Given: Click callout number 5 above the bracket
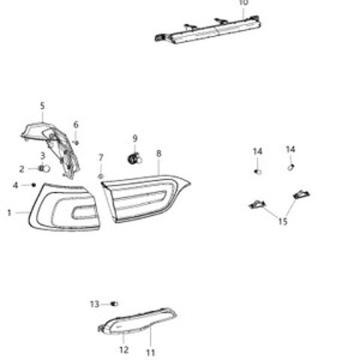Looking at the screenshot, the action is tap(43, 106).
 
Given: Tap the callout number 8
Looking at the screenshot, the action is tap(159, 154).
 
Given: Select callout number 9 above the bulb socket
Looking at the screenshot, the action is tap(135, 138).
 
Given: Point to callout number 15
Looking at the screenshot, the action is tap(283, 221).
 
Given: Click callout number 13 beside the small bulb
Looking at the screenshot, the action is tap(94, 304).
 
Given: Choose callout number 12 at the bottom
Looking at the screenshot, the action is tap(124, 349).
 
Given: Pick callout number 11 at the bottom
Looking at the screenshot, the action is tap(150, 352).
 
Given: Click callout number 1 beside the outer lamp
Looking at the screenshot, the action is tap(10, 213).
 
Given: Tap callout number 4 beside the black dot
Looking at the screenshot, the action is tap(16, 185).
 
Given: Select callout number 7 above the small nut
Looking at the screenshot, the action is tap(100, 157).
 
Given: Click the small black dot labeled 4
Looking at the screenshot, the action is tap(34, 185).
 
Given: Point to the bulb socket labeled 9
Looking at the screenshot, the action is tap(135, 159).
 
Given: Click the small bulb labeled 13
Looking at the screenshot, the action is tap(114, 304).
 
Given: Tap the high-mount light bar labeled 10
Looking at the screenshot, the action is tap(208, 30).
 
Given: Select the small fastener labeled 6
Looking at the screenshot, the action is tap(76, 142).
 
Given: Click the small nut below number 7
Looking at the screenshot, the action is tap(100, 176).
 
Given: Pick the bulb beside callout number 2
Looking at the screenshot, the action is tap(44, 169).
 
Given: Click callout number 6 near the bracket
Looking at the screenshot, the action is tap(76, 124).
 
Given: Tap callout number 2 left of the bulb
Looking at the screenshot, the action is tap(22, 169).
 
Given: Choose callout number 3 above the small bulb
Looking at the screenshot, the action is tap(43, 156).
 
